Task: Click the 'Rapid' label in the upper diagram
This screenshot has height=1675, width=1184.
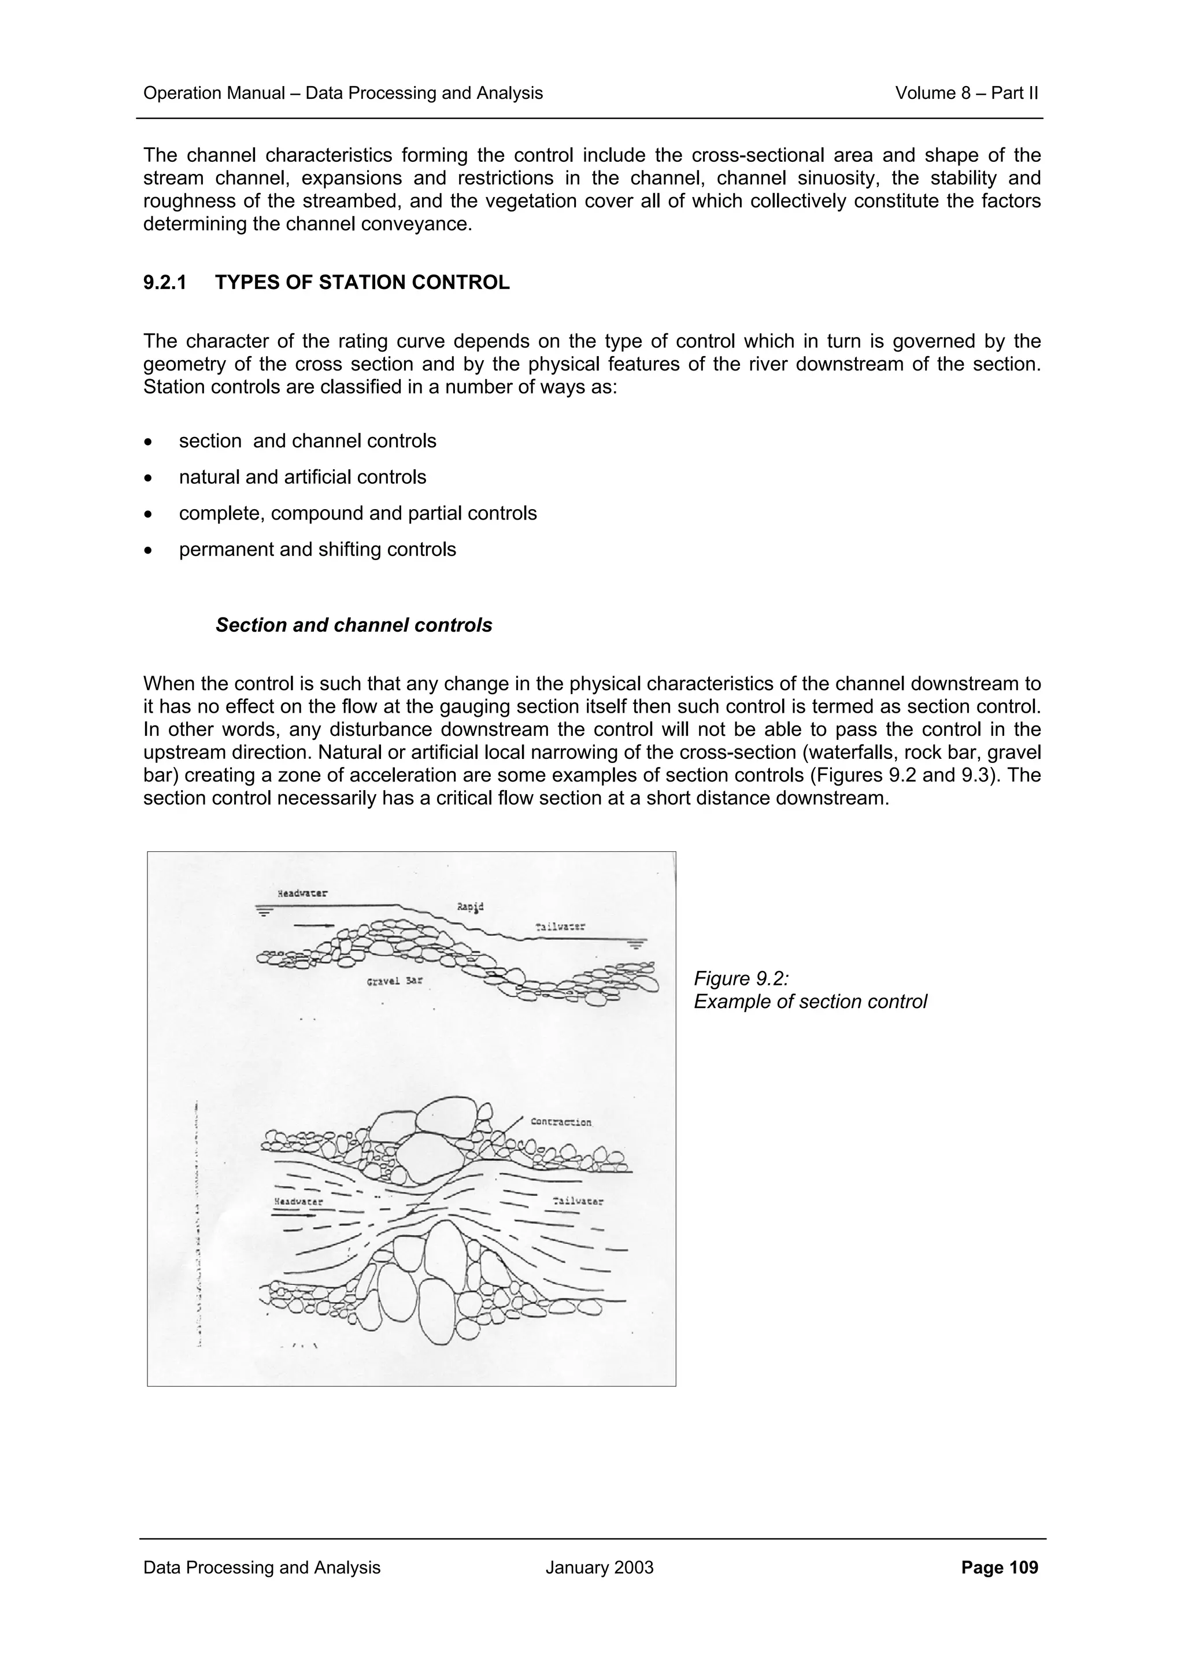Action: [x=470, y=907]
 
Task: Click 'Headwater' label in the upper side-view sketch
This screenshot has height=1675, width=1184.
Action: [x=302, y=893]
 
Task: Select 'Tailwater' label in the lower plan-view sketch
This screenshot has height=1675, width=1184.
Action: [x=578, y=1201]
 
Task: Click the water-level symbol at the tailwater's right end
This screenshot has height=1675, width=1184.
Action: [x=635, y=943]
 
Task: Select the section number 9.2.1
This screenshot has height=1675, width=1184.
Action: [x=164, y=282]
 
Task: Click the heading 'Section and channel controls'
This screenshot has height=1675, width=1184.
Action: [x=354, y=625]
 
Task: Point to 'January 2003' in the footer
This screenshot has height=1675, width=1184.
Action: [x=599, y=1567]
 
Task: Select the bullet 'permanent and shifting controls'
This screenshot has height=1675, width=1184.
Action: [x=317, y=549]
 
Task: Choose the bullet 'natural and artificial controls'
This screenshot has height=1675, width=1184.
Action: [x=302, y=477]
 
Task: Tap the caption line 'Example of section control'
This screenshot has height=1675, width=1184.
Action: [x=810, y=1002]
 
